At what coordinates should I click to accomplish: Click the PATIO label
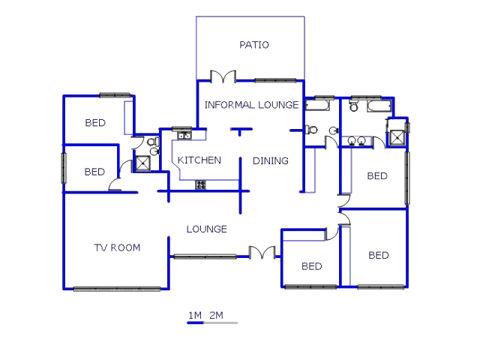[x=254, y=45]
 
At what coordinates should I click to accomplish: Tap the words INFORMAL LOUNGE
[x=251, y=105]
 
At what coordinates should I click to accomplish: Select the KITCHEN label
[x=199, y=160]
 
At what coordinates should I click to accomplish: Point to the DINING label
[x=270, y=160]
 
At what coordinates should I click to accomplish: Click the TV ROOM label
[x=117, y=247]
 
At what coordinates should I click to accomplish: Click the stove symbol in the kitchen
[x=201, y=184]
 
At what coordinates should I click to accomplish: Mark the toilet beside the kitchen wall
[x=152, y=142]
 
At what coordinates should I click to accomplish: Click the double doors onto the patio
[x=223, y=76]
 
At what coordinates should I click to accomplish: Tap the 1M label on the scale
[x=194, y=315]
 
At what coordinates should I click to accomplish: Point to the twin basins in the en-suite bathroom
[x=356, y=141]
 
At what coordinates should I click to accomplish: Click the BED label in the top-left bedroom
[x=95, y=123]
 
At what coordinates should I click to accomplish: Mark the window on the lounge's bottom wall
[x=205, y=256]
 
